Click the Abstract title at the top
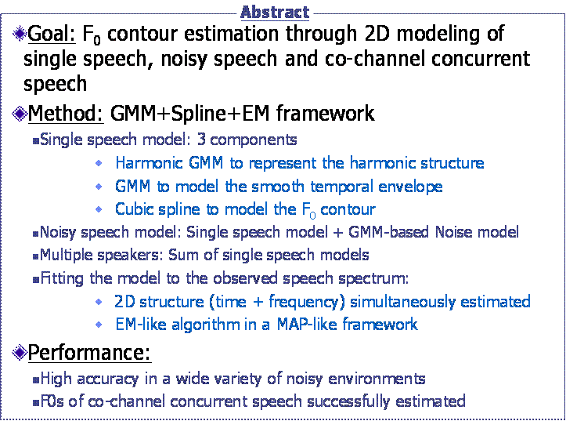coord(275,13)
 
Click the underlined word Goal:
coord(52,34)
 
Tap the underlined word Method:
coord(66,114)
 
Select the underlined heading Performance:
coord(89,352)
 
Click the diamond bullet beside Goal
coord(20,34)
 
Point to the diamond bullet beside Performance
coord(20,352)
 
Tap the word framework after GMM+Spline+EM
coord(326,114)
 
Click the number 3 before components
coord(201,140)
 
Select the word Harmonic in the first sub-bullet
coord(149,163)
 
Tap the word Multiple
coord(66,256)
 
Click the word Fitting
coord(62,278)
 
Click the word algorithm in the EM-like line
coord(205,325)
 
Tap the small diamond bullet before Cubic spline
coord(99,209)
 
